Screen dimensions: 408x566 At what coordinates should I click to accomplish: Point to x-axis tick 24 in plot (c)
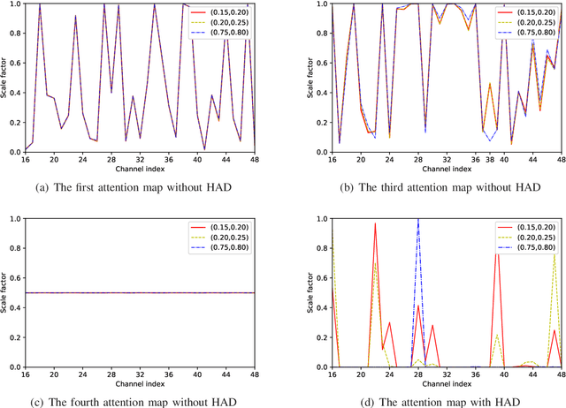pyautogui.click(x=82, y=374)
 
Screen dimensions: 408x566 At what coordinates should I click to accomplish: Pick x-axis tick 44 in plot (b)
pyautogui.click(x=532, y=160)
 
